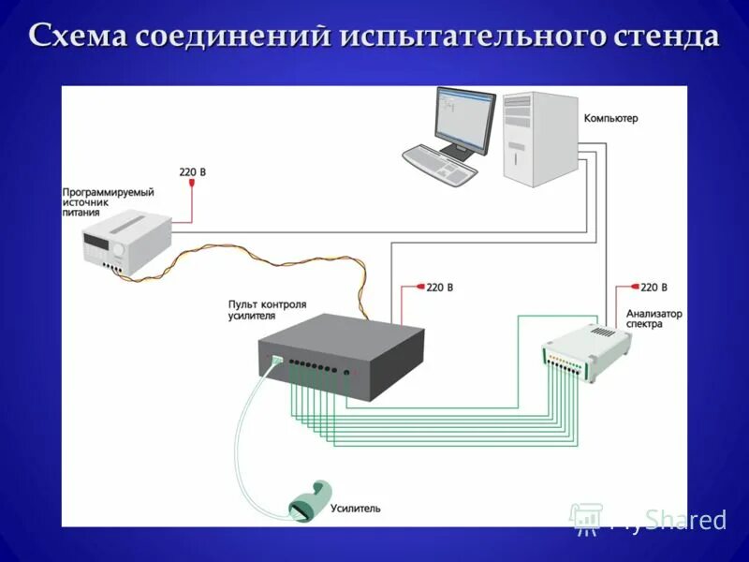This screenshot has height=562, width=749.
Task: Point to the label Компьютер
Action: pyautogui.click(x=609, y=119)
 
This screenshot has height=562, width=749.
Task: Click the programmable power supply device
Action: pyautogui.click(x=126, y=242)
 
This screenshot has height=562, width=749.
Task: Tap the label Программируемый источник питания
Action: pyautogui.click(x=108, y=201)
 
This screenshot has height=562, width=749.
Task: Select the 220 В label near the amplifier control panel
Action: pyautogui.click(x=439, y=288)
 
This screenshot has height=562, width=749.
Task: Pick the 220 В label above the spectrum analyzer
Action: pyautogui.click(x=654, y=288)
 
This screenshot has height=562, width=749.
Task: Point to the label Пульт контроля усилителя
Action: pyautogui.click(x=267, y=310)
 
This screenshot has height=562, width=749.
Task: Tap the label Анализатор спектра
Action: pyautogui.click(x=654, y=318)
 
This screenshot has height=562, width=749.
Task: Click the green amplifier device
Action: pyautogui.click(x=308, y=500)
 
